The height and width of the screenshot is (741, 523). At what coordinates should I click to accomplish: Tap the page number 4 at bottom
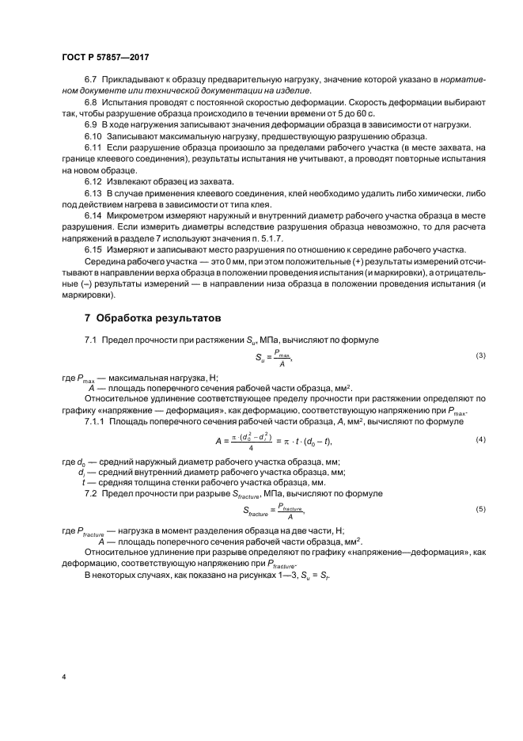point(64,678)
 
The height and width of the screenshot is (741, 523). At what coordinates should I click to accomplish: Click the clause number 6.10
point(93,137)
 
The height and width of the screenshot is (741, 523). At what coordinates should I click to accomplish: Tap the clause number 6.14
point(93,215)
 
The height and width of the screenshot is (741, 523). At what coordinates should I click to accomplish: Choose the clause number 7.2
point(90,493)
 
